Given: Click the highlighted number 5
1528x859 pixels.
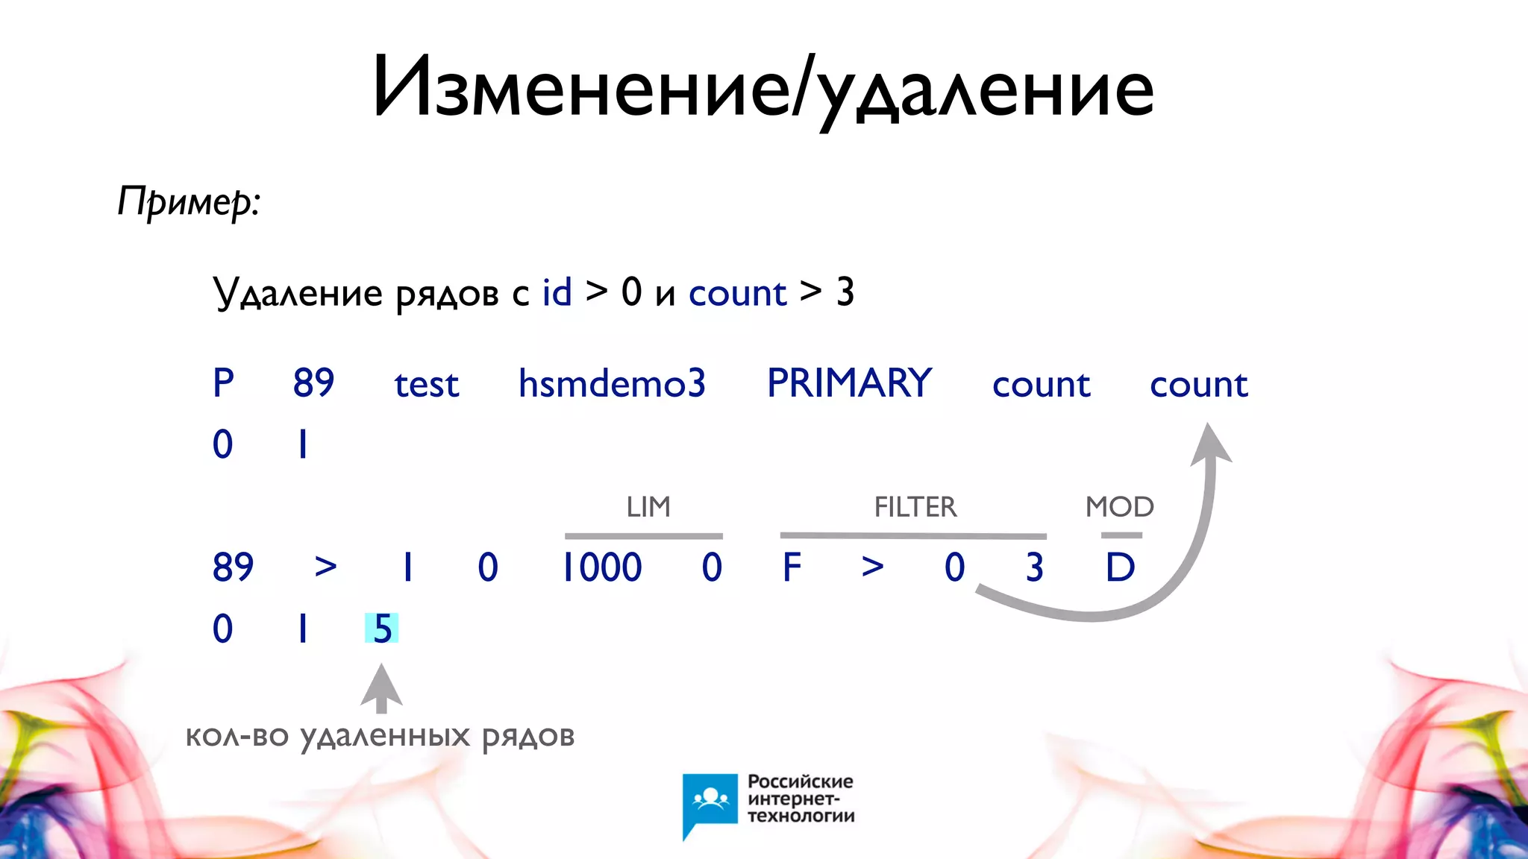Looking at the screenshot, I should coord(382,629).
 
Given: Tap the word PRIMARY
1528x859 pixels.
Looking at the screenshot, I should coord(849,384).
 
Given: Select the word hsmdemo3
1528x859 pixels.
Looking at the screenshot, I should coord(612,384).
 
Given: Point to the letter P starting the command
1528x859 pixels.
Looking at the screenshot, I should coord(223,384).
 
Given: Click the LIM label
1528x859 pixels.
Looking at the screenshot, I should coord(648,507).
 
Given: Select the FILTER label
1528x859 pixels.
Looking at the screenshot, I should coord(915,507).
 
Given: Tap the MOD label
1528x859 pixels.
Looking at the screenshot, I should coord(1119,507).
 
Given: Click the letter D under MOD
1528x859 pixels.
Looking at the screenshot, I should coord(1120,567).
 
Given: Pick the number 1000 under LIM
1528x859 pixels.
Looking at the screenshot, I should coord(601,567).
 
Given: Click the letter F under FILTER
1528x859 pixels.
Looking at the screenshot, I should coord(792,567).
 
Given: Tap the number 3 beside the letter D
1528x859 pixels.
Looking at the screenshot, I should coord(1034,567).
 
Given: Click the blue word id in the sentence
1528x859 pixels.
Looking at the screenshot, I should coord(557,292).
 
